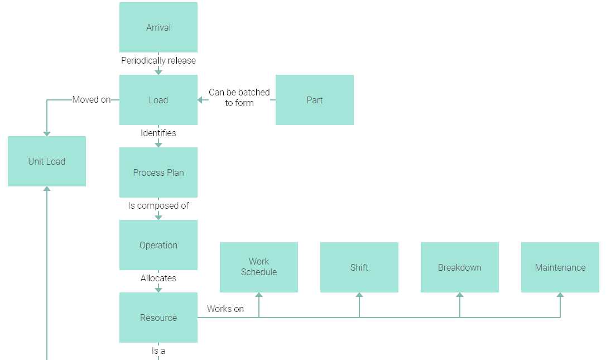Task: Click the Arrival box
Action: point(158,27)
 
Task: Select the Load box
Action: point(158,100)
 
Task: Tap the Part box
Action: point(315,100)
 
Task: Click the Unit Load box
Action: point(47,161)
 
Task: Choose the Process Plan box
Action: point(158,172)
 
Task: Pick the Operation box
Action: point(158,245)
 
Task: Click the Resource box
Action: point(158,318)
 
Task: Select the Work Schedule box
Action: point(259,267)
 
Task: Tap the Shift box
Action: point(359,267)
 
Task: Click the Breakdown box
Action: point(460,267)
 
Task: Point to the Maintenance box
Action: point(560,267)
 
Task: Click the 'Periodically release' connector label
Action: point(158,60)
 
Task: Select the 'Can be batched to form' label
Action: point(239,98)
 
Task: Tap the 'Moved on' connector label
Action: point(92,100)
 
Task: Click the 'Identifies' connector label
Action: point(158,133)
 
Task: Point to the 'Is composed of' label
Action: point(158,205)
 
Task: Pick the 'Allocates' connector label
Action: point(158,278)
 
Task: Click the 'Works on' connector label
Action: point(225,309)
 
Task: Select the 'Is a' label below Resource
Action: point(158,351)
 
